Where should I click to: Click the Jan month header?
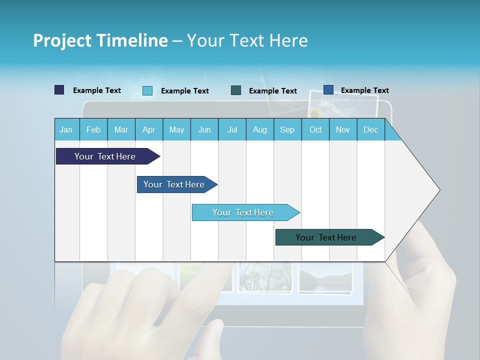(x=66, y=129)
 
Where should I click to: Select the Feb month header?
(x=93, y=129)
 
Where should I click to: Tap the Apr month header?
(x=148, y=129)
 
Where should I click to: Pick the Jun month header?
(x=204, y=129)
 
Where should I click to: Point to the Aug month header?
(x=259, y=129)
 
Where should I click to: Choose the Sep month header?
(x=287, y=129)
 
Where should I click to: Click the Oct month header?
(x=315, y=129)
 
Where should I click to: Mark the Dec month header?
(x=370, y=129)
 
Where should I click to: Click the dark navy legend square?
(x=59, y=90)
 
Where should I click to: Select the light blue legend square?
(x=147, y=90)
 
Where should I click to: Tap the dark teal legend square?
(x=236, y=90)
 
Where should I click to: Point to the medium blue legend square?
(x=328, y=90)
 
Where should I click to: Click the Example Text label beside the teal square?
(x=272, y=91)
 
